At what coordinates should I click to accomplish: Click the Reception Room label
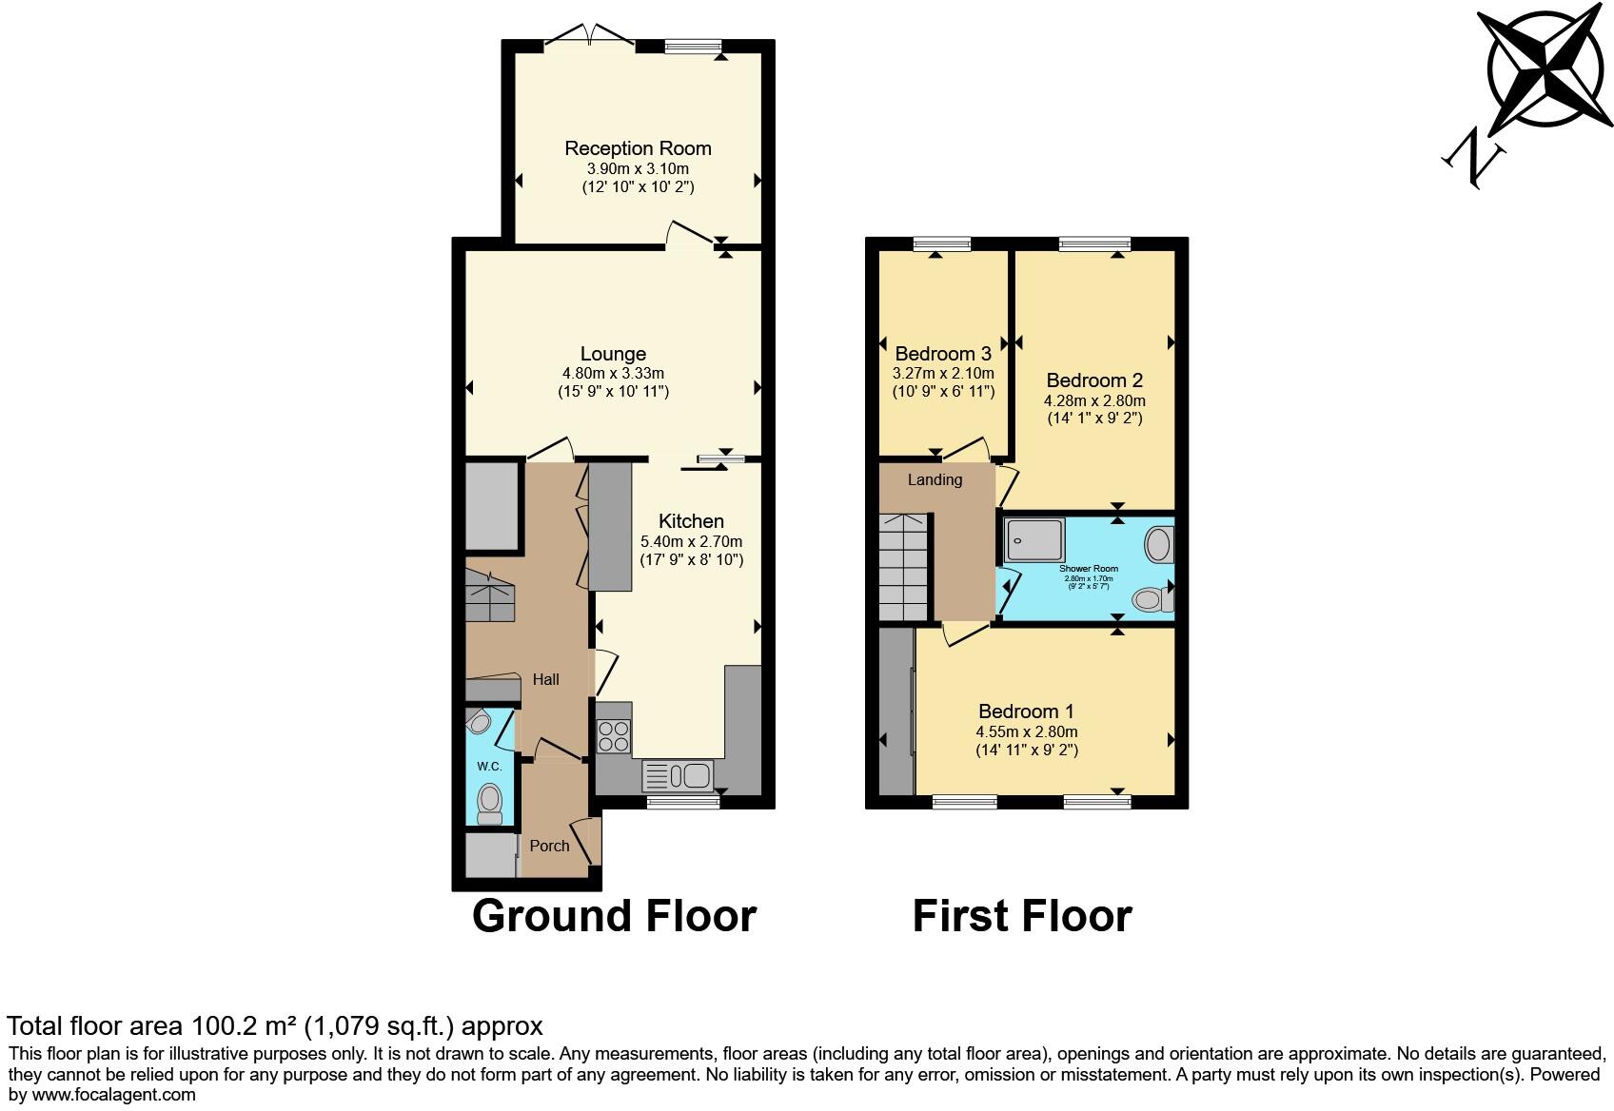pyautogui.click(x=638, y=148)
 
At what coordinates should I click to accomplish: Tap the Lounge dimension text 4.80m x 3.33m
pyautogui.click(x=613, y=374)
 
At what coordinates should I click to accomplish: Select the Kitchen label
pyautogui.click(x=691, y=521)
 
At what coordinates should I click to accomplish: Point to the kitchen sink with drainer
pyautogui.click(x=678, y=776)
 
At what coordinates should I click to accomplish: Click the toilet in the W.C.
pyautogui.click(x=490, y=801)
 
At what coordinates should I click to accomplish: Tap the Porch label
pyautogui.click(x=549, y=846)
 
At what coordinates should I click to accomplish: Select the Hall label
pyautogui.click(x=545, y=680)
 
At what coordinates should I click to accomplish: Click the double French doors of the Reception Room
pyautogui.click(x=591, y=38)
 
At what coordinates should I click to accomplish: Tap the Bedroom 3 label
pyautogui.click(x=943, y=354)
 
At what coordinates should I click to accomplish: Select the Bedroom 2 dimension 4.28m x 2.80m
pyautogui.click(x=1094, y=400)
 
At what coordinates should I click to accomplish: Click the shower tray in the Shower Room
pyautogui.click(x=1033, y=538)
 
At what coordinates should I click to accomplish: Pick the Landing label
pyautogui.click(x=935, y=479)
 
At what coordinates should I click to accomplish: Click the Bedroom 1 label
pyautogui.click(x=1026, y=711)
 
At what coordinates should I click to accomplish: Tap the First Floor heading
pyautogui.click(x=1022, y=916)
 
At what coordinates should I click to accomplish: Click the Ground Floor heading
pyautogui.click(x=614, y=916)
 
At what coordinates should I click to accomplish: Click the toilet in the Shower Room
pyautogui.click(x=1150, y=598)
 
